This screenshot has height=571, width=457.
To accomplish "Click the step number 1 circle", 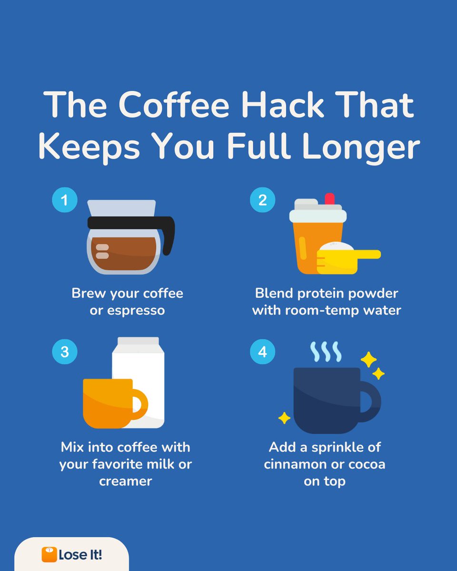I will point(64,200).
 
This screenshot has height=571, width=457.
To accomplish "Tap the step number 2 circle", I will point(262,200).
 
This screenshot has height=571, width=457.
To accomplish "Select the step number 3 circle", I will point(64,352).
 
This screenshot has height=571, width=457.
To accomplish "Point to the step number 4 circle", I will point(262,352).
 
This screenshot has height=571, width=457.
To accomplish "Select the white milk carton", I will point(143,376).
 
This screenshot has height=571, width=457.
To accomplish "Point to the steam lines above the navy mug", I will point(326,351).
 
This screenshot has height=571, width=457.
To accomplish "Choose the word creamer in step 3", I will point(125,481).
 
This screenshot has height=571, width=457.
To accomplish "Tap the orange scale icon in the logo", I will point(49,554).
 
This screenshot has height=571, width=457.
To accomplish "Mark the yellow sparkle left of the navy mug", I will point(284,418).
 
